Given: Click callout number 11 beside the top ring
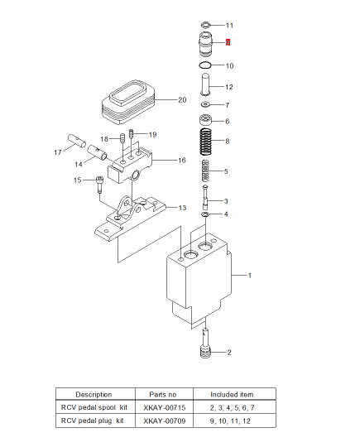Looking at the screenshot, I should pyautogui.click(x=229, y=25).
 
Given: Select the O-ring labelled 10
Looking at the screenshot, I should pyautogui.click(x=206, y=65).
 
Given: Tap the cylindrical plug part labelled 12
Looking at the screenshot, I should pyautogui.click(x=206, y=84).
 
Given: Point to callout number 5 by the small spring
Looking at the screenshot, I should pyautogui.click(x=227, y=171).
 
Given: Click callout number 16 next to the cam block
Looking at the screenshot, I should pyautogui.click(x=181, y=161).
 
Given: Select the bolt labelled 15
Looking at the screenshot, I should pyautogui.click(x=99, y=180).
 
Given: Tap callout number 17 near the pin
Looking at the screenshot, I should pyautogui.click(x=57, y=152).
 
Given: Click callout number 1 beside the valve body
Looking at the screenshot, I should pyautogui.click(x=250, y=273).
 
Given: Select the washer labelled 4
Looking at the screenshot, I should pyautogui.click(x=204, y=214).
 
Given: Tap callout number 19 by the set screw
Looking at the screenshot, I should pyautogui.click(x=152, y=134).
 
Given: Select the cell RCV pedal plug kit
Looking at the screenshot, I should pyautogui.click(x=94, y=421).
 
